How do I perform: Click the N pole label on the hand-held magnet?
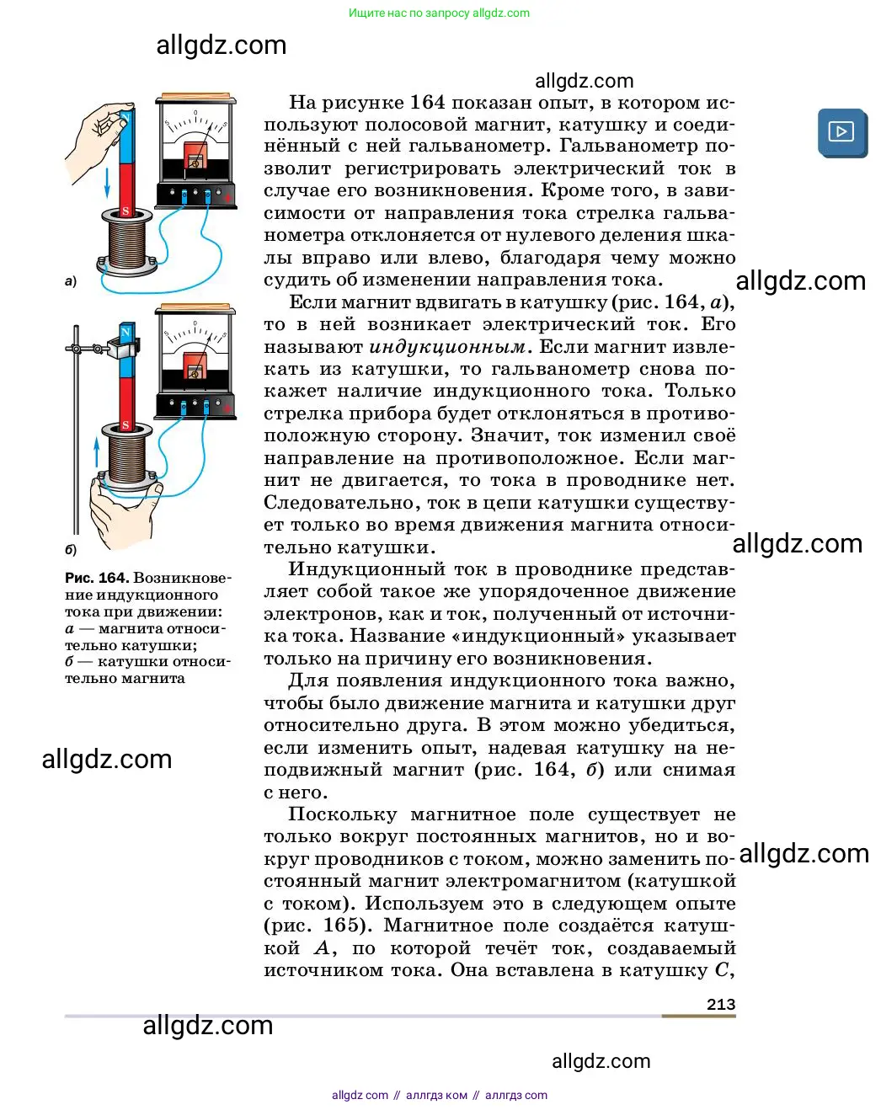[x=125, y=116]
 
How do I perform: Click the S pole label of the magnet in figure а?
[x=125, y=211]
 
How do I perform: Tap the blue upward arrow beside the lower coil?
[x=97, y=451]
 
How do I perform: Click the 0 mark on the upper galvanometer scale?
[x=195, y=113]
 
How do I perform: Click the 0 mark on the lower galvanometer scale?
[x=195, y=323]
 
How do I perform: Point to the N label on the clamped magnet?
[x=126, y=331]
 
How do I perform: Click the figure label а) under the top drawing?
[x=71, y=281]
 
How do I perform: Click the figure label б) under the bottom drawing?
[x=71, y=550]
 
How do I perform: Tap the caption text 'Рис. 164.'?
[x=97, y=578]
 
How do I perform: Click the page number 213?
[x=721, y=1004]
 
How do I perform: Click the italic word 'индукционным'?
[x=447, y=347]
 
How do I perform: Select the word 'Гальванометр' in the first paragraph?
[x=624, y=147]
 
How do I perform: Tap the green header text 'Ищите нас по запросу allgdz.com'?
[x=439, y=13]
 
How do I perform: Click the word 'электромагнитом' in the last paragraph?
[x=532, y=881]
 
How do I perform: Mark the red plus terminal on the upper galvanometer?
[x=227, y=198]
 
